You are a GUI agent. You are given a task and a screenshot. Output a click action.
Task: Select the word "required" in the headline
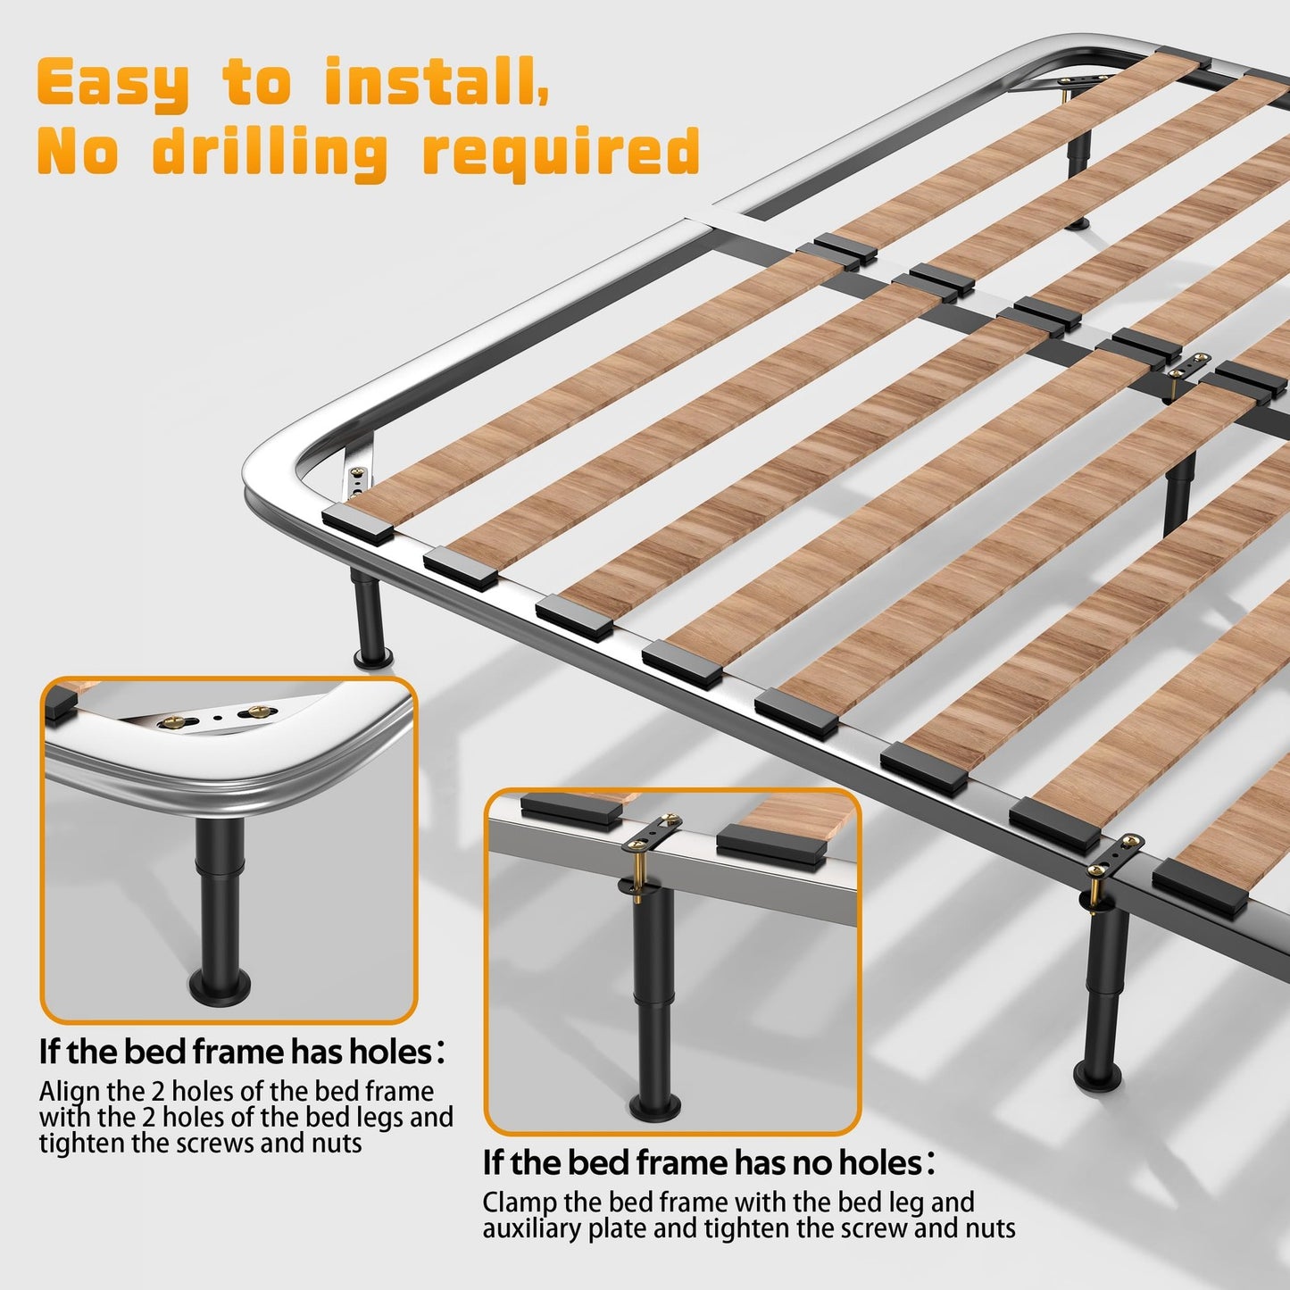pyautogui.click(x=562, y=154)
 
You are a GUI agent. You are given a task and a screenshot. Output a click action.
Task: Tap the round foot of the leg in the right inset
pyautogui.click(x=656, y=1105)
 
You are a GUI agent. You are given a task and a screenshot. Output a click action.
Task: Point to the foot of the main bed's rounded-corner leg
pyautogui.click(x=373, y=657)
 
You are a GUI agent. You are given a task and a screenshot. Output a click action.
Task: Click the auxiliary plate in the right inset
pyautogui.click(x=654, y=834)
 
